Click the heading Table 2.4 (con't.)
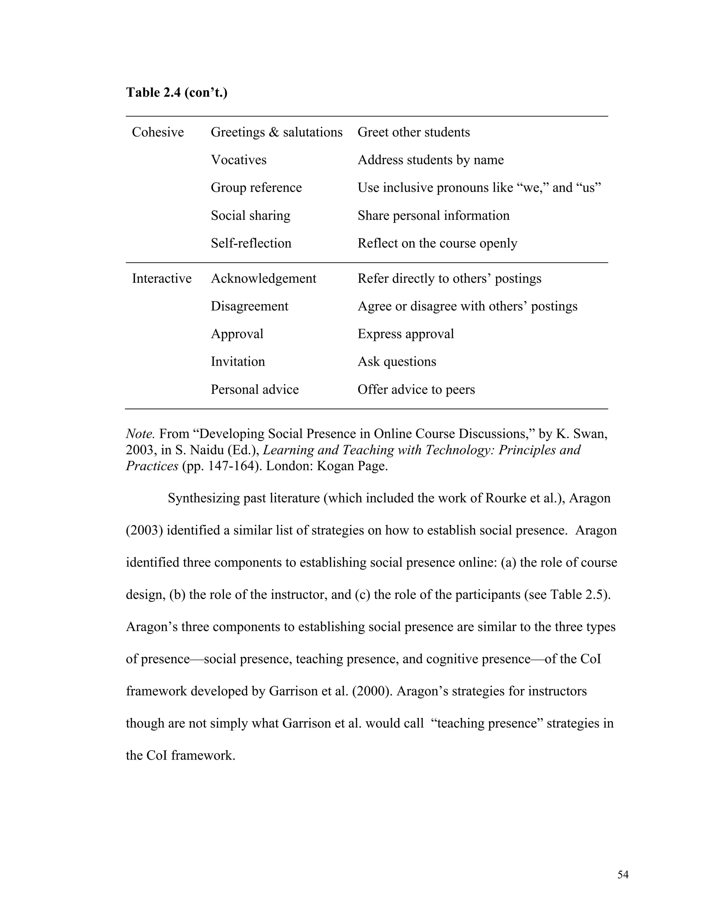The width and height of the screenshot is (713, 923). (177, 92)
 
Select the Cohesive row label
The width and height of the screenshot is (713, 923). (158, 132)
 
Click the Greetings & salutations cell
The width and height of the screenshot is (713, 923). (276, 132)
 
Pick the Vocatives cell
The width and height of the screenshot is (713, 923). (238, 160)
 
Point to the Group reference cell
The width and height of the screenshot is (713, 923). (256, 188)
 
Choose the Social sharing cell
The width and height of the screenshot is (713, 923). (250, 216)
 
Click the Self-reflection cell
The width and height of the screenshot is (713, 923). (251, 243)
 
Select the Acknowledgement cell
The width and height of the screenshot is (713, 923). (263, 279)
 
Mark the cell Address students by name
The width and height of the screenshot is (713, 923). (430, 160)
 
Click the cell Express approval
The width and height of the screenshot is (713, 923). (406, 334)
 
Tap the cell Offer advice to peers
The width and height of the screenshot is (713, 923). (416, 389)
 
